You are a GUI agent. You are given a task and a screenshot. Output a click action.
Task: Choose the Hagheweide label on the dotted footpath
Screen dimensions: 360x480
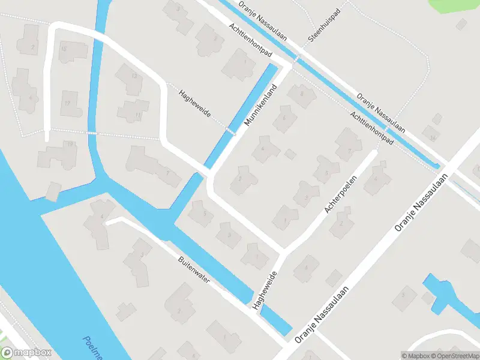point(194,103)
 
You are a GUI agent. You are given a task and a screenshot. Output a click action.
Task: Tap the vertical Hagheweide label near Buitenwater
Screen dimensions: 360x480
point(265,290)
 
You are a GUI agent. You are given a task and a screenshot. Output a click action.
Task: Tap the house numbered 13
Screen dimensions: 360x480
point(134,76)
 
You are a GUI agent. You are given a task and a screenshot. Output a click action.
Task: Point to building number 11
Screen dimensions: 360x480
point(139,114)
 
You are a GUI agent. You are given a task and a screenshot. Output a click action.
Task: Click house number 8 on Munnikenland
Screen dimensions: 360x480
point(302,93)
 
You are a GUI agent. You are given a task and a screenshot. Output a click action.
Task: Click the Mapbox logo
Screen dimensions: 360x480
point(26,353)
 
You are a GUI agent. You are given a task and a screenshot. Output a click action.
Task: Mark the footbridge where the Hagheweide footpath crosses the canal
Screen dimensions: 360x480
point(231,130)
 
